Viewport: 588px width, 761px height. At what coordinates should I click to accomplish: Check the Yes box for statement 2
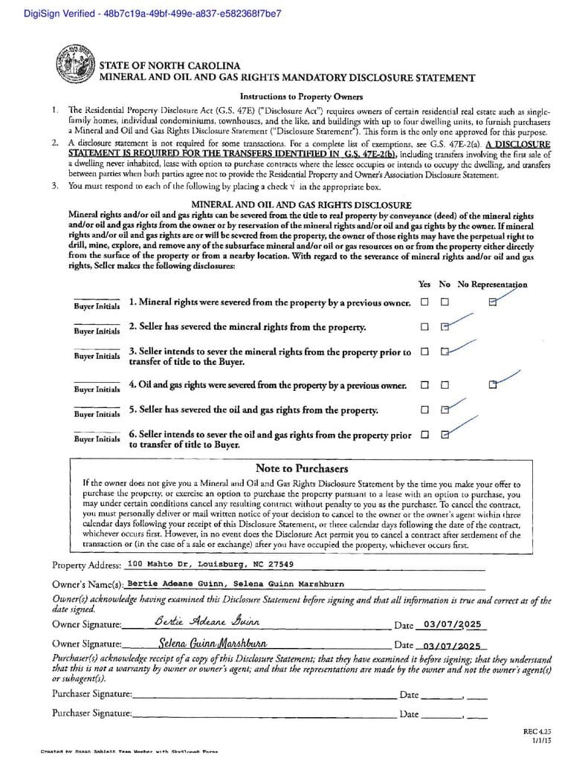(424, 326)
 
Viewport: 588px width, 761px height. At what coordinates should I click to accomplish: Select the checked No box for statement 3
(445, 352)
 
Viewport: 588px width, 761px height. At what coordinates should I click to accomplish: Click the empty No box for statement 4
(445, 385)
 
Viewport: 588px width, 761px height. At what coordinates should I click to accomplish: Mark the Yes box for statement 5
(424, 409)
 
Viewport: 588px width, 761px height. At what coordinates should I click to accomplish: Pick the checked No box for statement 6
(445, 435)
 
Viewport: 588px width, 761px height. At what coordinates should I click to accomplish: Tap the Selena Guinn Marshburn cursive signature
(213, 643)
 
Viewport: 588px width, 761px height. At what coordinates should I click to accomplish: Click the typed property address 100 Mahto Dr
(210, 564)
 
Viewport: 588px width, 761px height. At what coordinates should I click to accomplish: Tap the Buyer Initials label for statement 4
(97, 389)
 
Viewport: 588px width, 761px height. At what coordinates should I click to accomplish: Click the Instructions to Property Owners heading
(301, 97)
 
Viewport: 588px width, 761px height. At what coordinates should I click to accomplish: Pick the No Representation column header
(492, 284)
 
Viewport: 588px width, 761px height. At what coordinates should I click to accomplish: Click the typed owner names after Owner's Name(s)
(236, 584)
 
